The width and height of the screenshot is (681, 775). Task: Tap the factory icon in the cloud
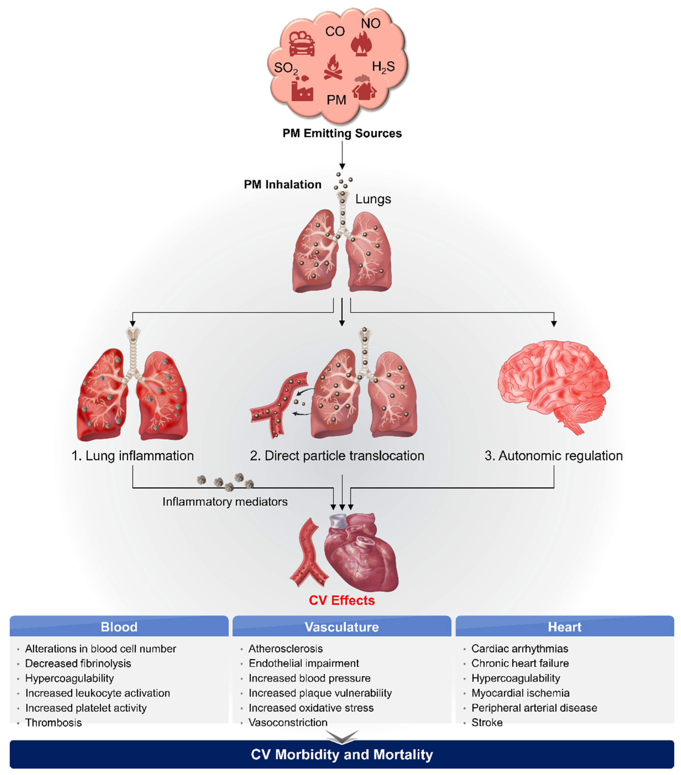tap(302, 89)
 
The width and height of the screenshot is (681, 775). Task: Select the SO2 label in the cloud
tap(285, 68)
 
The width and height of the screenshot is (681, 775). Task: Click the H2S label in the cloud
tap(383, 67)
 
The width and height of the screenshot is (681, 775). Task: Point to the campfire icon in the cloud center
tap(333, 68)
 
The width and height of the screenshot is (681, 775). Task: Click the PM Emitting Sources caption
tap(342, 133)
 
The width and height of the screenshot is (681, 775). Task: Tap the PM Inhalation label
tap(283, 185)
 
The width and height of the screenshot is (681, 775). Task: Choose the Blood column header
tap(119, 627)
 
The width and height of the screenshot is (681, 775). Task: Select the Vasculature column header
tap(341, 627)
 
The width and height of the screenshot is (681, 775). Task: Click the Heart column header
tap(564, 627)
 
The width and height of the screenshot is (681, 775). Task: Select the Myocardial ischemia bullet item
tap(520, 693)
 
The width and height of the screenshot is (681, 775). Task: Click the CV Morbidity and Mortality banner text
tap(341, 755)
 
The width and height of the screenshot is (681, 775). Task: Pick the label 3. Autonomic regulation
tap(553, 456)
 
